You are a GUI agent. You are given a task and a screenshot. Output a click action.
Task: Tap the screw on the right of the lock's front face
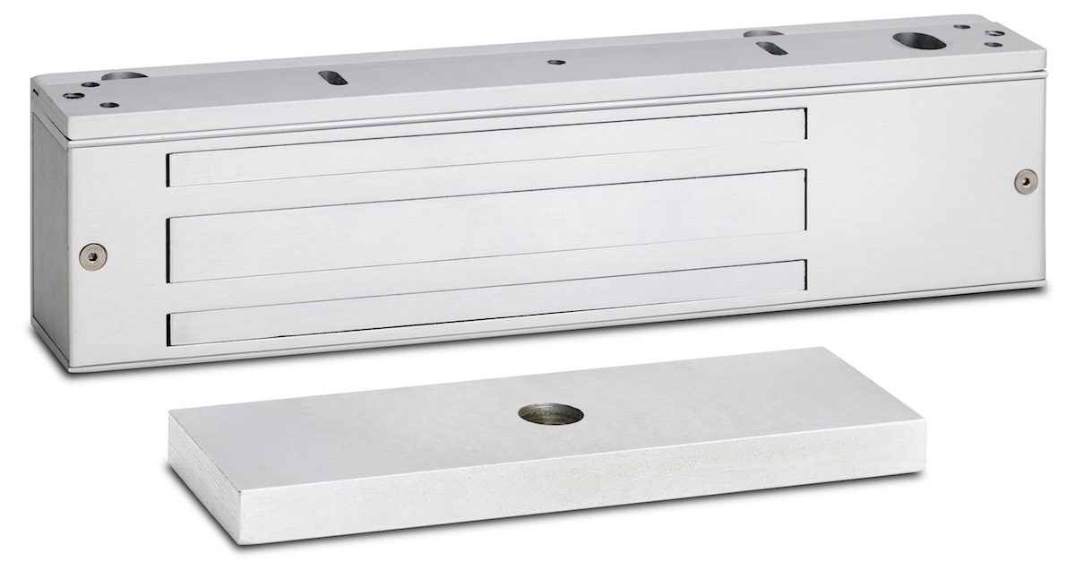pyautogui.click(x=1026, y=179)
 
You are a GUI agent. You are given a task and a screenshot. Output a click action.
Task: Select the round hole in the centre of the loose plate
pyautogui.click(x=551, y=415)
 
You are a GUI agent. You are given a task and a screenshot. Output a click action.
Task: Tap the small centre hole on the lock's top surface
pyautogui.click(x=556, y=63)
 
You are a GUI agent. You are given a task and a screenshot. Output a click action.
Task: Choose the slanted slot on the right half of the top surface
pyautogui.click(x=771, y=48)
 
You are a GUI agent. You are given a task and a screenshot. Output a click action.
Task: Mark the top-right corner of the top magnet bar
pyautogui.click(x=804, y=111)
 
